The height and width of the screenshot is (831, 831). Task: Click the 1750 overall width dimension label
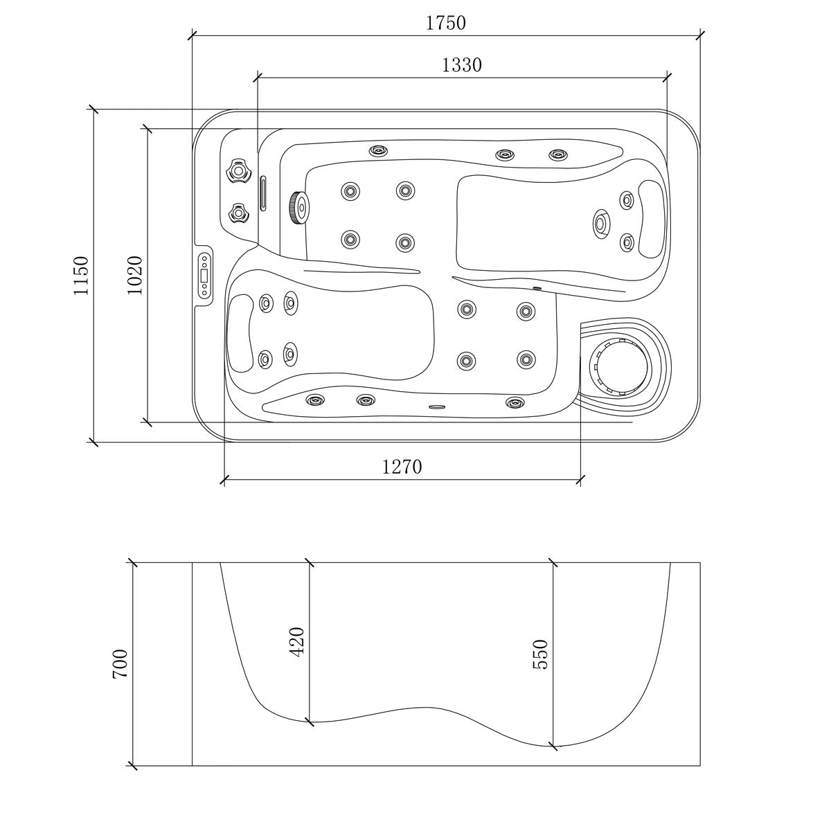point(445,23)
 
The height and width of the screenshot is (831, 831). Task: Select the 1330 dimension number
point(461,65)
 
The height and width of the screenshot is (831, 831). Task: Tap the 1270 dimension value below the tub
point(402,467)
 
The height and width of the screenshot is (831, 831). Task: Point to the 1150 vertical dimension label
point(82,276)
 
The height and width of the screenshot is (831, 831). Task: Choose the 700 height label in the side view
point(119,663)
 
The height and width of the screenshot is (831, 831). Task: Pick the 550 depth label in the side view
point(540,654)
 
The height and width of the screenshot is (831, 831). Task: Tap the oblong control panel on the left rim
point(205,276)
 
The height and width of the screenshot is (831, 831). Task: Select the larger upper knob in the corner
point(238,170)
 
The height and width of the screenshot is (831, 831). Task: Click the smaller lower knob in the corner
point(239,214)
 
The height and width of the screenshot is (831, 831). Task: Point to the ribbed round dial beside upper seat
point(298,206)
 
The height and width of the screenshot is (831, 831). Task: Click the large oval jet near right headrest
point(601,223)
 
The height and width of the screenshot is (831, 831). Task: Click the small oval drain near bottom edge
point(436,406)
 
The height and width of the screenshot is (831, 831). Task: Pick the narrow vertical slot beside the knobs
point(262,193)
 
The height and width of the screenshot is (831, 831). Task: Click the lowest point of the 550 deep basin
point(554,746)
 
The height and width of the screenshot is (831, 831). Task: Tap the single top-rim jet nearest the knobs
point(378,150)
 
